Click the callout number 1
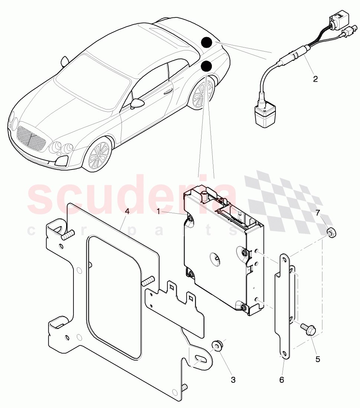158,211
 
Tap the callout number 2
315,79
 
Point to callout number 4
127,211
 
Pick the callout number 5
318,359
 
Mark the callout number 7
318,213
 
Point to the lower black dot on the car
206,66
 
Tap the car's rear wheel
203,93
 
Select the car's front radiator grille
31,138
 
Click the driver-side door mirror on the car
138,103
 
